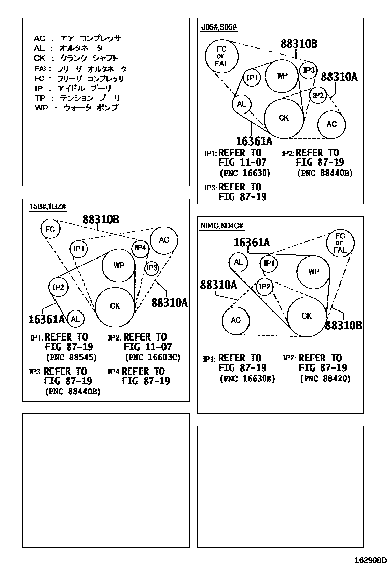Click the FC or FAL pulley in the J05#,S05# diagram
[x=221, y=56]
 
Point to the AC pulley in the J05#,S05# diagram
[x=331, y=124]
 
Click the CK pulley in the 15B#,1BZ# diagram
[x=115, y=306]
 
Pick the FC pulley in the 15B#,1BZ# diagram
[x=50, y=229]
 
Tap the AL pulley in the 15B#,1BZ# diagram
[x=76, y=319]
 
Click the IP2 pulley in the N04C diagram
[x=264, y=287]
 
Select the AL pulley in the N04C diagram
[x=238, y=262]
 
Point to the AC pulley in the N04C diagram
[x=236, y=320]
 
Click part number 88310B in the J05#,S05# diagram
[x=298, y=44]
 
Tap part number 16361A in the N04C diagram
[x=252, y=243]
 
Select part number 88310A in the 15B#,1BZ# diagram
[x=170, y=302]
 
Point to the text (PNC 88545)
[x=71, y=357]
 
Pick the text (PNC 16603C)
[x=152, y=357]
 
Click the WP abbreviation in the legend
[x=40, y=108]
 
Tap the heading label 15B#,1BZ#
[x=47, y=206]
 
